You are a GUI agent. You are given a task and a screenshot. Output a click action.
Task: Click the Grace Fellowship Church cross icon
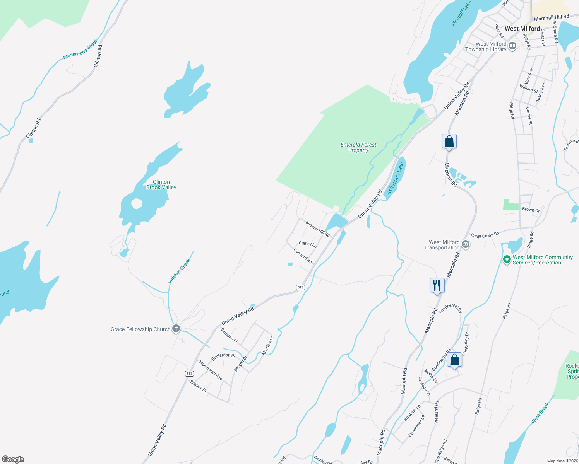(x=176, y=329)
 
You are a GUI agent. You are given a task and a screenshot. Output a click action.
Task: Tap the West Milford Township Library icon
(x=513, y=46)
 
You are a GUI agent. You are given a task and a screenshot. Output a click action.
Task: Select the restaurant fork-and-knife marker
(x=437, y=285)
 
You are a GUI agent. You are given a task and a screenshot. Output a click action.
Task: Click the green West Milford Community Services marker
(x=507, y=259)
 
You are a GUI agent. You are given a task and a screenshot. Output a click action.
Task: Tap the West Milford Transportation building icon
(x=466, y=244)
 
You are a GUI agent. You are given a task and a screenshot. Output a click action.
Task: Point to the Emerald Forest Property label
(x=358, y=147)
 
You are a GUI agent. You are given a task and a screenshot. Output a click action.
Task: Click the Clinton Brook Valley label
(x=161, y=184)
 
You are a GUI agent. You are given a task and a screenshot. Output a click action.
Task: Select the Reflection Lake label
(x=395, y=178)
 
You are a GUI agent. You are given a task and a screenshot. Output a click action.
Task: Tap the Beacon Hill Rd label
(x=317, y=229)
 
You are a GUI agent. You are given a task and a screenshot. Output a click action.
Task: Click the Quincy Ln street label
(x=308, y=244)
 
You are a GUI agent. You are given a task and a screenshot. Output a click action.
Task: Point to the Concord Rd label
(x=303, y=256)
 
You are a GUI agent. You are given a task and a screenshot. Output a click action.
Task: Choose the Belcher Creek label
(x=180, y=271)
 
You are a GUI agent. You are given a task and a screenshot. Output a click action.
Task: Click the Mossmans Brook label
(x=81, y=49)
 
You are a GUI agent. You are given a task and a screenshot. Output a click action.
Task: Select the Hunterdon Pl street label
(x=223, y=355)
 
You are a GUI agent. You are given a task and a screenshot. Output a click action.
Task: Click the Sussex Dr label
(x=199, y=386)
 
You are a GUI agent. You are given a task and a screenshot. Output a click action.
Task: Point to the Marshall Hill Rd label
(x=551, y=18)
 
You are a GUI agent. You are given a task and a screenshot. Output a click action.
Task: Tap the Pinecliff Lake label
(x=461, y=14)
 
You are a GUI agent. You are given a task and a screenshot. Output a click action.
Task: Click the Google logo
(x=13, y=459)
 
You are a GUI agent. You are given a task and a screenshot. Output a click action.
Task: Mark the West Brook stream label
(x=540, y=413)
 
